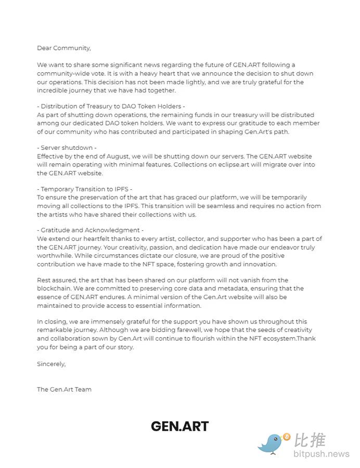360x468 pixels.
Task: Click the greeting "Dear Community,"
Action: click(63, 48)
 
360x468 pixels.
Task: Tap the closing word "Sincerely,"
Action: click(51, 364)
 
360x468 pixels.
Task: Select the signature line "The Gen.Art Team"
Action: click(64, 389)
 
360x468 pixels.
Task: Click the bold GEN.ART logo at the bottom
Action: click(179, 426)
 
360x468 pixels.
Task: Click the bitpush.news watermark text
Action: click(321, 454)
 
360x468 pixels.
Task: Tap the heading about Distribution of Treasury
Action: click(111, 107)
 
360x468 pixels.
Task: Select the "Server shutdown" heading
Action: click(67, 148)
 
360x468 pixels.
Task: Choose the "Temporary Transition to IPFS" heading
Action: click(85, 189)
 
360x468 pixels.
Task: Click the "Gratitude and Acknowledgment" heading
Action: click(90, 230)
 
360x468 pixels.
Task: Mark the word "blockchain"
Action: click(55, 288)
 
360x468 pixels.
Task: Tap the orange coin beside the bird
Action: click(287, 437)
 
